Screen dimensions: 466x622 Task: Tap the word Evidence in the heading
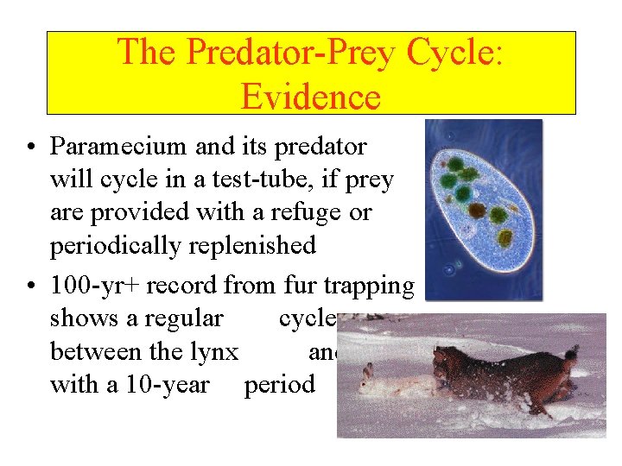[311, 96]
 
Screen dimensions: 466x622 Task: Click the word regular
[183, 318]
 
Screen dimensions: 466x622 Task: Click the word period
[280, 385]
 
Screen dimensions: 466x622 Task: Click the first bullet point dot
[30, 148]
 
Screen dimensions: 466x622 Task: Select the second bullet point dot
[30, 284]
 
